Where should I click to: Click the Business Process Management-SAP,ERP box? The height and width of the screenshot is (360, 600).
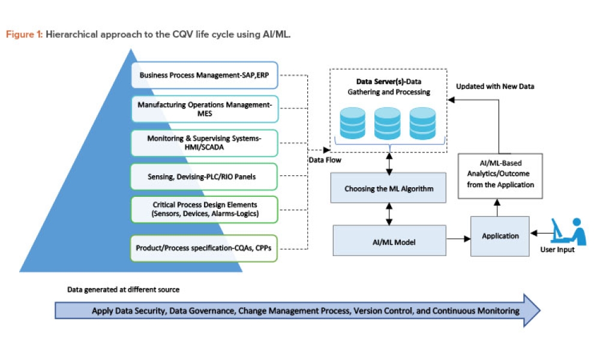(204, 76)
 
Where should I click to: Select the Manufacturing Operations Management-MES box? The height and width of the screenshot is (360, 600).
(204, 109)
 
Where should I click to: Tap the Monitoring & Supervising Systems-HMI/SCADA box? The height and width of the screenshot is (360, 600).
(204, 143)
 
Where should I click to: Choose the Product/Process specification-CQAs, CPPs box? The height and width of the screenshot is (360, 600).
(204, 248)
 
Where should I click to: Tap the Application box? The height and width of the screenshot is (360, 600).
(500, 236)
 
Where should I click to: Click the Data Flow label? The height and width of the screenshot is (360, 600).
(325, 160)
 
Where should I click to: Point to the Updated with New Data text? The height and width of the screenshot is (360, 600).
(495, 86)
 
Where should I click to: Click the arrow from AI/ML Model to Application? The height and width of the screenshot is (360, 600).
(458, 239)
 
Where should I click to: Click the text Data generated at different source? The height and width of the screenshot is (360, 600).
(123, 290)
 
